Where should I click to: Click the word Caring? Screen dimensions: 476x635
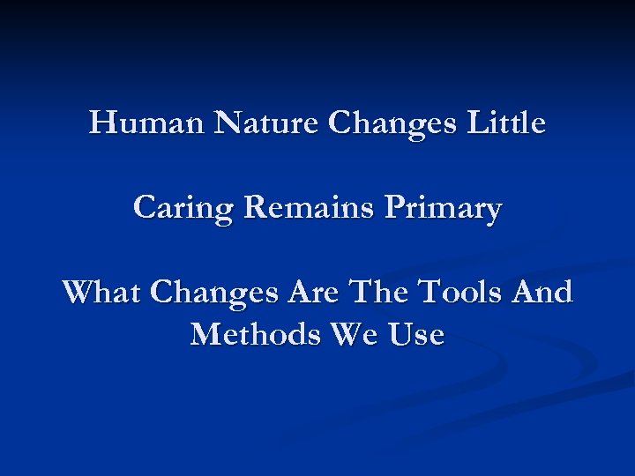(183, 209)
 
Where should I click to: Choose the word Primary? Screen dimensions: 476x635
(446, 210)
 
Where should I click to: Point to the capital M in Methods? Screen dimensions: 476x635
(205, 334)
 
